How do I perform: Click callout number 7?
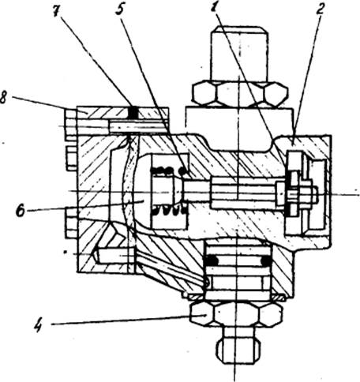(x=56, y=11)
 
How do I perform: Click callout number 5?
(x=119, y=10)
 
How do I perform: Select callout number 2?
(x=320, y=9)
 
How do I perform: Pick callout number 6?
(x=21, y=211)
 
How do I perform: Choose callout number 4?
(x=39, y=325)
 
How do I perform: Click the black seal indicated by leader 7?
(x=133, y=113)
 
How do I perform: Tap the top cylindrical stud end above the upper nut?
(x=240, y=54)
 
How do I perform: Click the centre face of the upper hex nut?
(x=240, y=94)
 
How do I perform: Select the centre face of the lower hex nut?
(x=236, y=314)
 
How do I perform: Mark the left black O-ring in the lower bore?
(x=212, y=260)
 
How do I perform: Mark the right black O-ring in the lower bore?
(x=266, y=260)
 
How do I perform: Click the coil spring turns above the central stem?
(x=168, y=170)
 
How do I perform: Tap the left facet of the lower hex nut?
(x=201, y=314)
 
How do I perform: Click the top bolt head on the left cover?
(x=70, y=114)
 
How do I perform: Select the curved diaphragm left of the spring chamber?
(x=126, y=189)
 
